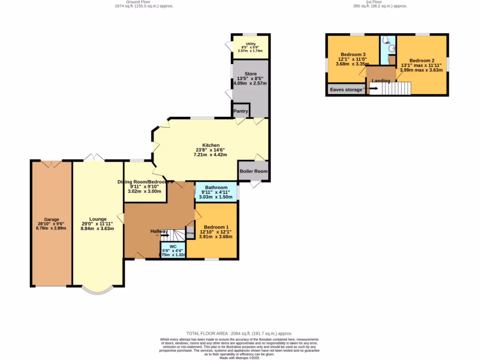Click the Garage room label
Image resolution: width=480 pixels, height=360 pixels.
point(52,219)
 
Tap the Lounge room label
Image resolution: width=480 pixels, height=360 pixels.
point(97,219)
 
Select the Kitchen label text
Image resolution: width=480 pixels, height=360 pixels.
point(210,145)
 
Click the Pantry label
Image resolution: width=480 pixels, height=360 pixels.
point(240,111)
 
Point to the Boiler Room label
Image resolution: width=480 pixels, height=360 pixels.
point(254,171)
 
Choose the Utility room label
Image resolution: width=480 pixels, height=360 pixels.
point(251,44)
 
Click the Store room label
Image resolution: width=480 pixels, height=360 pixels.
point(251,74)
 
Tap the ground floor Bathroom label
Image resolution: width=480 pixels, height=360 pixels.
point(216,187)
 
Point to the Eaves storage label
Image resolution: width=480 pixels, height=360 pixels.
point(345,90)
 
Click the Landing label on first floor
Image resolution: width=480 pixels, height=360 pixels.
point(381,81)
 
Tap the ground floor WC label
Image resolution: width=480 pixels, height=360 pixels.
point(173,246)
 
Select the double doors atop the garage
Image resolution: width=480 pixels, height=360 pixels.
point(51,164)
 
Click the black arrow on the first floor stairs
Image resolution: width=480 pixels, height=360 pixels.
point(374,88)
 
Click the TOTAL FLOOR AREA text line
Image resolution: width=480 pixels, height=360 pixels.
point(240,332)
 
